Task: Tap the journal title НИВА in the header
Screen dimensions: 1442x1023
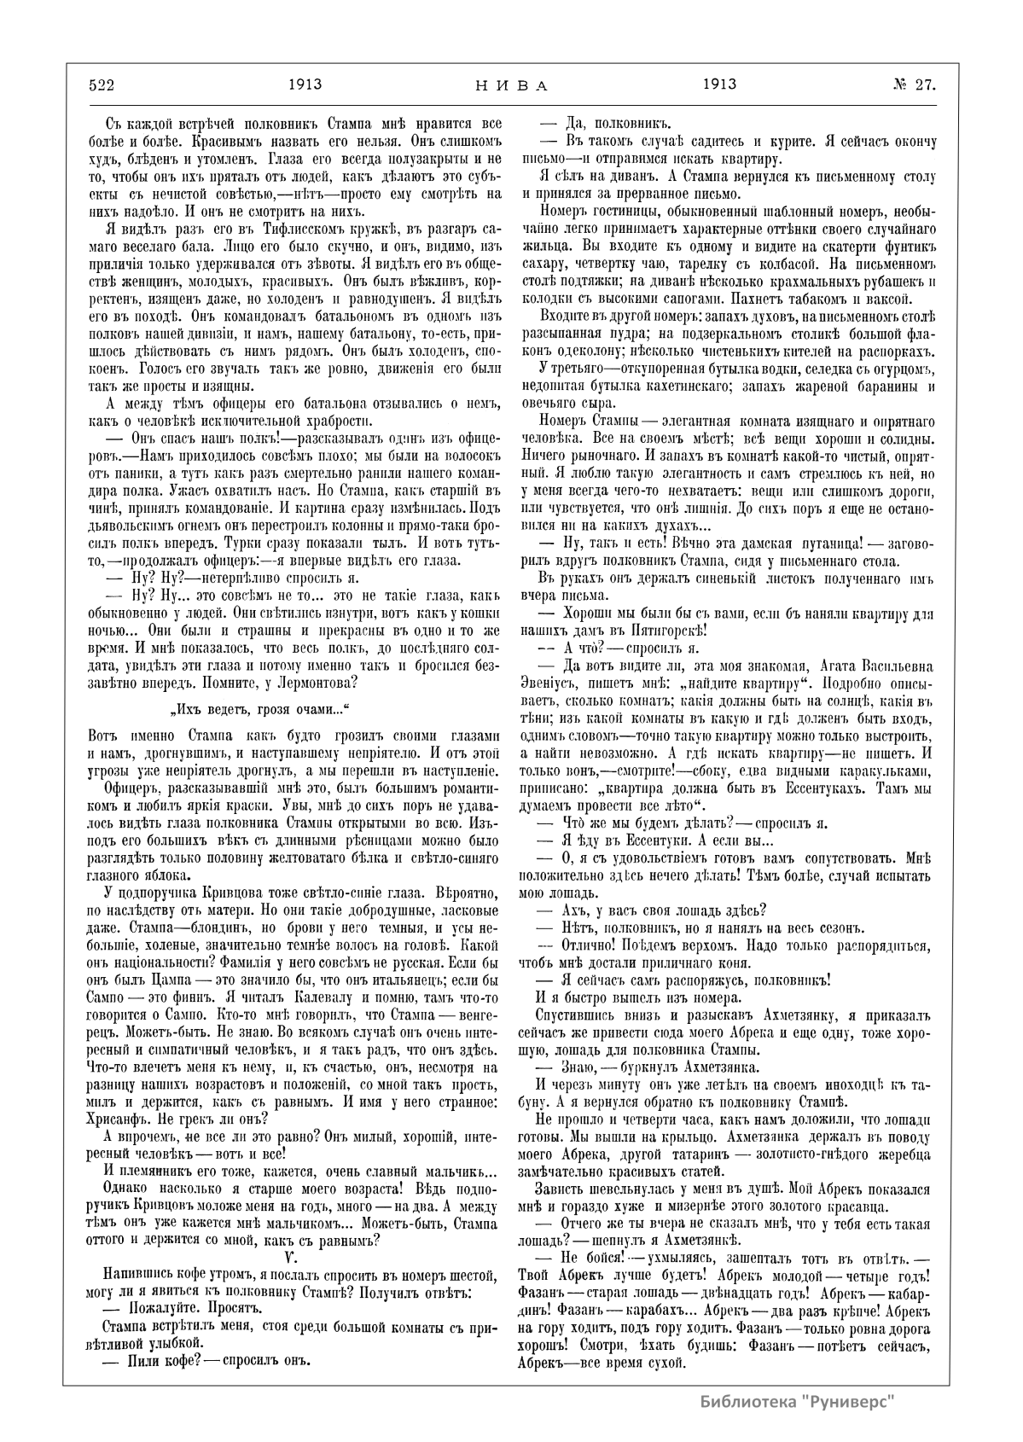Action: click(x=509, y=85)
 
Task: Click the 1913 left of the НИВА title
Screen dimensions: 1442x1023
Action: click(x=304, y=84)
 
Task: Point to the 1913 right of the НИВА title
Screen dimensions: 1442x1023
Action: click(x=719, y=84)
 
